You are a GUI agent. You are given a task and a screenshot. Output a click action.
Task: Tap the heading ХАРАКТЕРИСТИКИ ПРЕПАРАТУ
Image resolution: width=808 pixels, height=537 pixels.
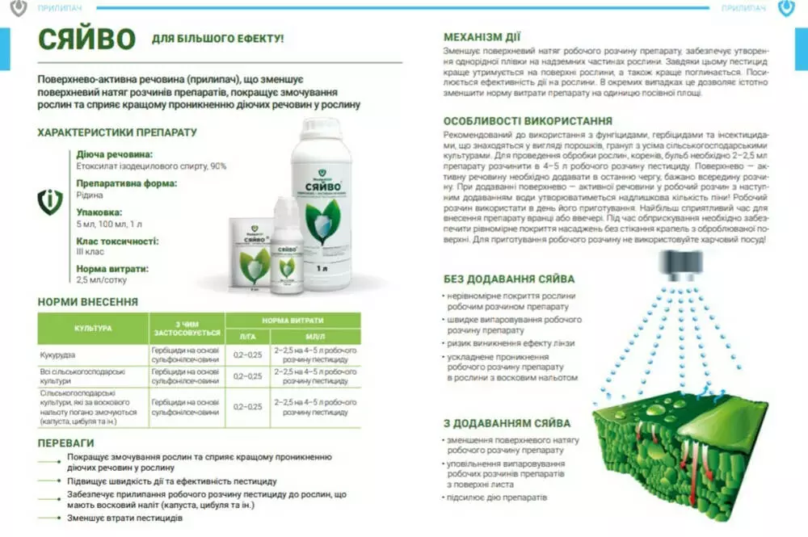pyautogui.click(x=117, y=132)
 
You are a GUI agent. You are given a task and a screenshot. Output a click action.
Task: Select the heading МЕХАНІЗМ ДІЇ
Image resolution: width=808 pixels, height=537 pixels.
pyautogui.click(x=482, y=36)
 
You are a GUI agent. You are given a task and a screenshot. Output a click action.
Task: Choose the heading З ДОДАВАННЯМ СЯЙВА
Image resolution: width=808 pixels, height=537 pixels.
pyautogui.click(x=507, y=422)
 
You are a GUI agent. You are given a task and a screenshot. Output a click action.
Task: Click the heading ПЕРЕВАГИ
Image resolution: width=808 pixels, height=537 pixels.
pyautogui.click(x=66, y=443)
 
